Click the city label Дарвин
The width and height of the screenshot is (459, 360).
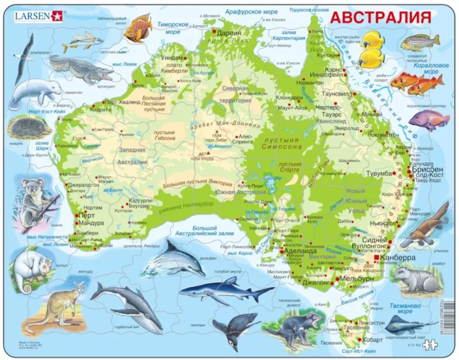(x=229, y=33)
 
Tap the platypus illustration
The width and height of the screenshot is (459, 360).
(x=433, y=224)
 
